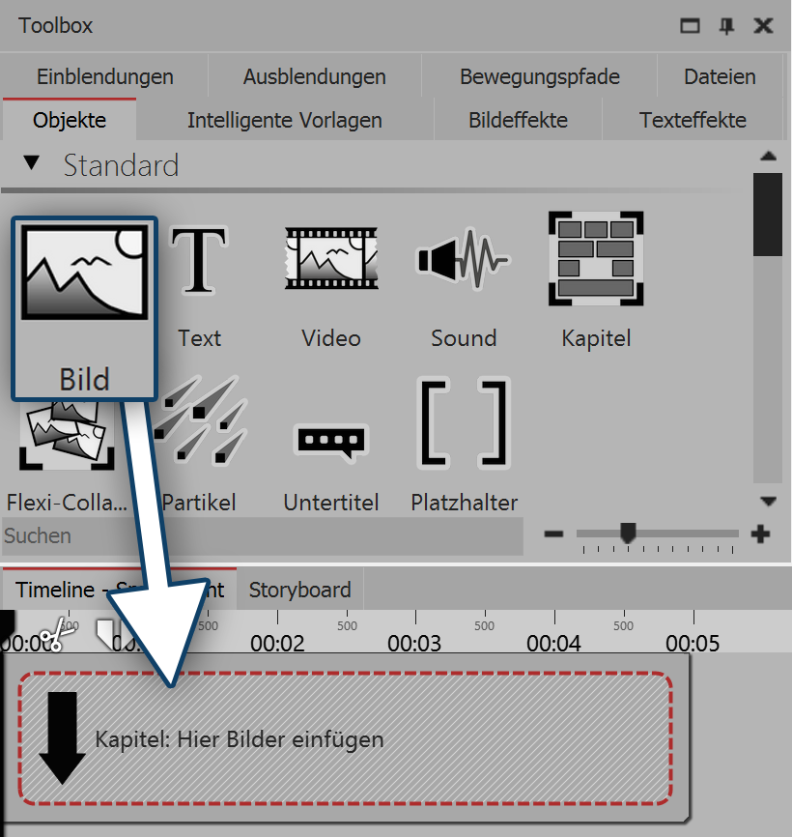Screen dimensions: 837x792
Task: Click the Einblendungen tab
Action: point(104,76)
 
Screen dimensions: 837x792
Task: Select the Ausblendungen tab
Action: point(314,76)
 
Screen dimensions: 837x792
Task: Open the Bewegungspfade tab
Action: point(539,76)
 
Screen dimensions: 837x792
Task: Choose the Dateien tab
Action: point(720,76)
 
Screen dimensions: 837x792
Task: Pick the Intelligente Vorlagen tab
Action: point(284,121)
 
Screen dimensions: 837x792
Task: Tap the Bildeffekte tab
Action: point(518,121)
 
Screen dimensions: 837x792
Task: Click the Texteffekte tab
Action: point(693,121)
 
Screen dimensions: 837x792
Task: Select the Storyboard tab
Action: point(300,590)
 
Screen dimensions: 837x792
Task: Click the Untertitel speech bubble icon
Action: point(330,441)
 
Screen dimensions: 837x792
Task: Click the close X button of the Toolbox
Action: point(763,26)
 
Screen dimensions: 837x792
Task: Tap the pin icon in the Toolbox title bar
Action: point(726,26)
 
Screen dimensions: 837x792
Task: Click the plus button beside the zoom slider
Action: point(761,534)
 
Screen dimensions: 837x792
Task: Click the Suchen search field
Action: point(261,535)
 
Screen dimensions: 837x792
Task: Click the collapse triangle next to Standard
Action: point(32,164)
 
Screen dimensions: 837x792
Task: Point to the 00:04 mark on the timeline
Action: point(554,643)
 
